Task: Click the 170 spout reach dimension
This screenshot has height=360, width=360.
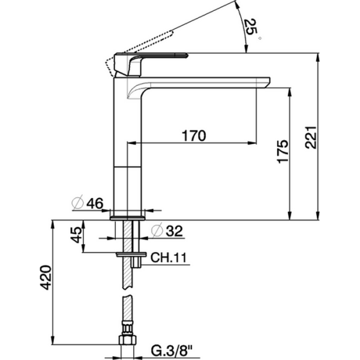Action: pyautogui.click(x=193, y=136)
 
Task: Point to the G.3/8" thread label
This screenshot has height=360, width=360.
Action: pyautogui.click(x=173, y=349)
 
